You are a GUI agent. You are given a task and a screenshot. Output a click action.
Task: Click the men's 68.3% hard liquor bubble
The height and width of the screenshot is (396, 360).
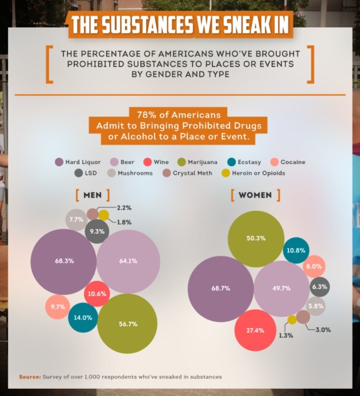point(64,261)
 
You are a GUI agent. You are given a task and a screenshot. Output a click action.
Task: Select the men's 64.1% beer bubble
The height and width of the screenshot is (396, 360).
point(128,261)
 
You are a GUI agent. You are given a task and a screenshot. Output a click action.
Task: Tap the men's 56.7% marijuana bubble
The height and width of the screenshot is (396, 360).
point(127,323)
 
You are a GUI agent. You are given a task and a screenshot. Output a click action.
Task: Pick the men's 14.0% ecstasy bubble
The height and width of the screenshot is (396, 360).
point(83,318)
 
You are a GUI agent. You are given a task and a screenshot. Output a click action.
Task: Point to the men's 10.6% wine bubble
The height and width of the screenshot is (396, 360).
point(97,294)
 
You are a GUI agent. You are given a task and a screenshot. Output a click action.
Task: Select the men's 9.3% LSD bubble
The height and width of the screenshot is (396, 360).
point(97,232)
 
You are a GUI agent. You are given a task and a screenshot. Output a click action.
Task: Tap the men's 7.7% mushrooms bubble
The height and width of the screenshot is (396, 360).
point(76,220)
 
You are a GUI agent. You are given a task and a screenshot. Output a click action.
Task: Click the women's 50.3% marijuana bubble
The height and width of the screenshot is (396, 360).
point(256,238)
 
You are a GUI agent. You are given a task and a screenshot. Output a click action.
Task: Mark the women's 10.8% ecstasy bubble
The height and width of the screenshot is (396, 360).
point(296,250)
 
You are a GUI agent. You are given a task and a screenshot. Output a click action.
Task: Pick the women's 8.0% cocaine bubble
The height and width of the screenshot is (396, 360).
point(314,266)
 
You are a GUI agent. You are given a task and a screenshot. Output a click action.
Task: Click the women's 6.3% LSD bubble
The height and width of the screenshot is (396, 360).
point(320,287)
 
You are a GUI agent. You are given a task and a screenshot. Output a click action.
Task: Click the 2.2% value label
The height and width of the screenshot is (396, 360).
point(124,207)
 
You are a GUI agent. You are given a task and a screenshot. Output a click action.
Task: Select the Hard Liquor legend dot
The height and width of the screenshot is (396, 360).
point(59,162)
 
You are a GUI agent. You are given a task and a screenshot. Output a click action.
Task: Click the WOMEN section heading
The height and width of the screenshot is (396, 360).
point(255,195)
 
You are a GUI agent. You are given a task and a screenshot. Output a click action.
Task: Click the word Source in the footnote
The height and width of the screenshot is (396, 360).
point(29,377)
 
